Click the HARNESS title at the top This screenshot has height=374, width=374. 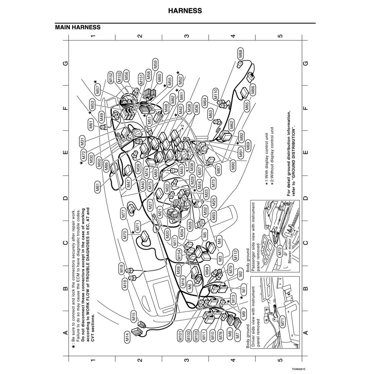pyautogui.click(x=185, y=11)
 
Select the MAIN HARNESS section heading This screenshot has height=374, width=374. pyautogui.click(x=78, y=27)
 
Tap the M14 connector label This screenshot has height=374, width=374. pyautogui.click(x=127, y=338)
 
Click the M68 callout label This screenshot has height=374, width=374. pyautogui.click(x=240, y=54)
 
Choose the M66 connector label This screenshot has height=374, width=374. pyautogui.click(x=253, y=90)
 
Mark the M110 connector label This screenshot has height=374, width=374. pyautogui.click(x=216, y=94)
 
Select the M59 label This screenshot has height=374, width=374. pyautogui.click(x=155, y=64)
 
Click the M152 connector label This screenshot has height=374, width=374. pyautogui.click(x=111, y=77)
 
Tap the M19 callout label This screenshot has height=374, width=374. pyautogui.click(x=121, y=269)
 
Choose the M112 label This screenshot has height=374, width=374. pyautogui.click(x=236, y=255)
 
